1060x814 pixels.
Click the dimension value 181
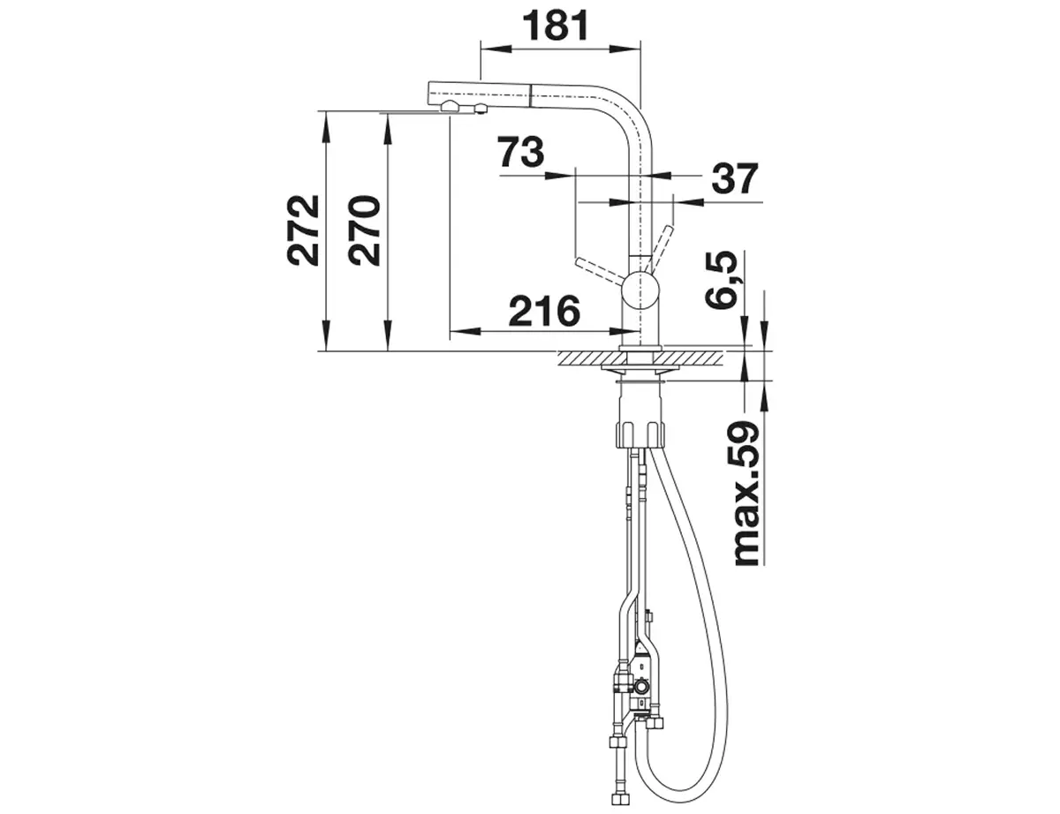pos(556,26)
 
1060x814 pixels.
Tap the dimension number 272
pos(303,230)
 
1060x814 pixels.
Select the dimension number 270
pos(365,230)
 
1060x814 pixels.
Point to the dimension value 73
pos(520,152)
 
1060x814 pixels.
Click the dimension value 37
pos(735,178)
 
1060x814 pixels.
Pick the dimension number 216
pos(544,311)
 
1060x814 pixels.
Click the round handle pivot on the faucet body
pos(640,290)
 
